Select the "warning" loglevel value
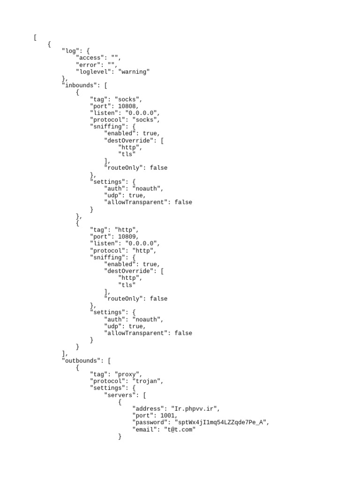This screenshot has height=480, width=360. click(134, 72)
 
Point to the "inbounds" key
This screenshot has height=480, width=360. click(79, 85)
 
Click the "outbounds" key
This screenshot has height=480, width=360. click(81, 360)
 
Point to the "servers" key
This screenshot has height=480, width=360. click(121, 395)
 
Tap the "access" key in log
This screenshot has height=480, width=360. click(91, 58)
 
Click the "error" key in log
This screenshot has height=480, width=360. click(90, 65)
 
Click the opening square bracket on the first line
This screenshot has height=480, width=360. click(35, 37)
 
